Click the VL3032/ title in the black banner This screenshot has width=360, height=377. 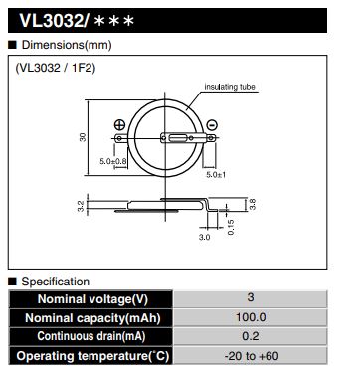pos(55,21)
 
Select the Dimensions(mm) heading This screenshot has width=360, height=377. pos(67,45)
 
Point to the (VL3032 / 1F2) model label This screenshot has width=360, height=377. pos(56,68)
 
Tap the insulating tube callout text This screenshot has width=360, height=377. pos(230,87)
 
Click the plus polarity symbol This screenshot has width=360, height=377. pos(119,125)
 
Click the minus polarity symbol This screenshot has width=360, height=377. pos(212,125)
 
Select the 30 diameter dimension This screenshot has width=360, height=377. pos(83,137)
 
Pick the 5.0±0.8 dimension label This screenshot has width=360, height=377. pos(113,161)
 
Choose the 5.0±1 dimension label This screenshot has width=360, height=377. pos(216,174)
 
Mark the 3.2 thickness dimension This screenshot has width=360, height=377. pos(82,206)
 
